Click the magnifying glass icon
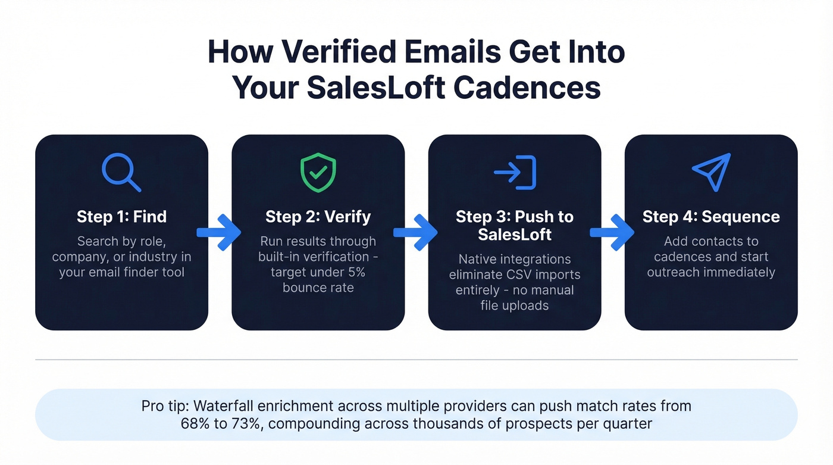[121, 173]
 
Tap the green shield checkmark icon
[318, 172]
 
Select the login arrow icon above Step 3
[515, 173]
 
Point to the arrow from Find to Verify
[219, 233]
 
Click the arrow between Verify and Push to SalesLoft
[415, 233]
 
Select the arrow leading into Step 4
[612, 233]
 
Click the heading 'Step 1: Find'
[121, 217]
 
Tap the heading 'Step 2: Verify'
[318, 217]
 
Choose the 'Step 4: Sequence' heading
[711, 217]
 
